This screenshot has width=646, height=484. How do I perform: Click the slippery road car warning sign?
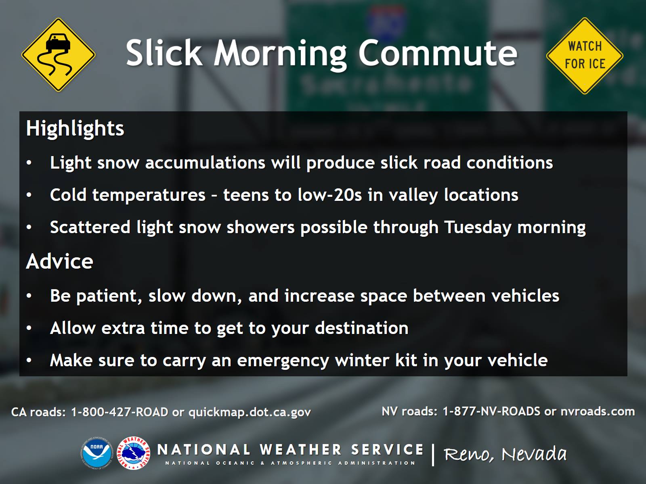(58, 55)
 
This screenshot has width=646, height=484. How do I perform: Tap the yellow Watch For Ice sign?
(585, 56)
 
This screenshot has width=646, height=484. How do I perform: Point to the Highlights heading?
(75, 129)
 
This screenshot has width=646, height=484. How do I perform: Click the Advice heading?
(59, 261)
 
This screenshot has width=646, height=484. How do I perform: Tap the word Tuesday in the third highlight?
(478, 227)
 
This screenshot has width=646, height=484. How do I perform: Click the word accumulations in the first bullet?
(205, 163)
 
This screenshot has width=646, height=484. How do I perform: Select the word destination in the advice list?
(362, 328)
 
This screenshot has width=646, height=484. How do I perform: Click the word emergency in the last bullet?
(283, 361)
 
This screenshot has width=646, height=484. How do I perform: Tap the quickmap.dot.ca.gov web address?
(250, 412)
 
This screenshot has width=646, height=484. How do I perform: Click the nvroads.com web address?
(598, 411)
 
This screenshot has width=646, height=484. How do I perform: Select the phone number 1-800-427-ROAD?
(120, 412)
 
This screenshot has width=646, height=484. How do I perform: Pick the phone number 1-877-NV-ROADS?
(491, 411)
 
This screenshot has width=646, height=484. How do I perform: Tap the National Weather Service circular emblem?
(133, 453)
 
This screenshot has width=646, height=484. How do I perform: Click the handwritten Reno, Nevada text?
(505, 454)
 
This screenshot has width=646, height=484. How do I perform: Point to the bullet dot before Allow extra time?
(29, 328)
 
